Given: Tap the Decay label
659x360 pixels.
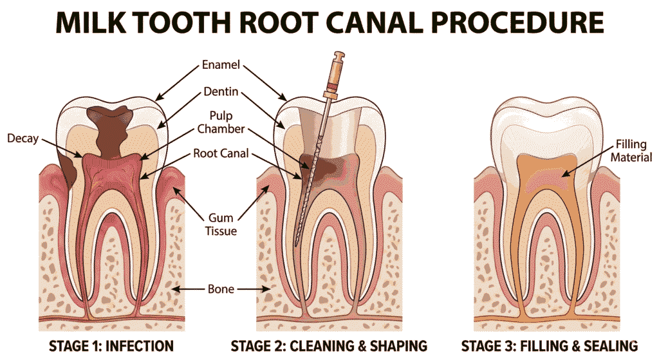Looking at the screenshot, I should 22,138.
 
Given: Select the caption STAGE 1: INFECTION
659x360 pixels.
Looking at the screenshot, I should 111,346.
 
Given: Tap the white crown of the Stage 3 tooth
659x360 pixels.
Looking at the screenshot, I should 548,119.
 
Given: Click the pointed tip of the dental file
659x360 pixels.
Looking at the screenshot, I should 297,245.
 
